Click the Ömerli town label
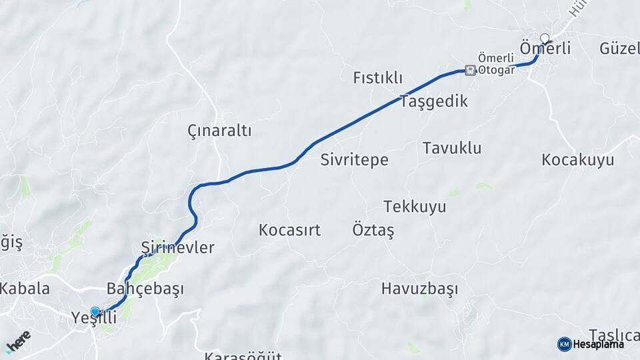[x=545, y=49]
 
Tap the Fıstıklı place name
[x=377, y=78]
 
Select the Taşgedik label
[x=434, y=101]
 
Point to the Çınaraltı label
[x=219, y=131]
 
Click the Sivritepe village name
[x=354, y=160]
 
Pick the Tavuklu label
[x=452, y=148]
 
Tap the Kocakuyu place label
[x=578, y=160]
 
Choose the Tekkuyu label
[x=415, y=207]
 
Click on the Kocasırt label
[x=289, y=231]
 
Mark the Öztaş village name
[x=373, y=231]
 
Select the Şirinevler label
[x=178, y=248]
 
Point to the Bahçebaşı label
[x=145, y=289]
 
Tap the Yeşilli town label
[x=93, y=319]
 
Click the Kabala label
[x=25, y=289]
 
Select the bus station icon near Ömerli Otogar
[x=471, y=70]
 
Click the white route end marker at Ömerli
[x=545, y=38]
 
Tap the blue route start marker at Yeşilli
[x=95, y=311]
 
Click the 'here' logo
[x=18, y=340]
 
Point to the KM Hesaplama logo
[x=591, y=344]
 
